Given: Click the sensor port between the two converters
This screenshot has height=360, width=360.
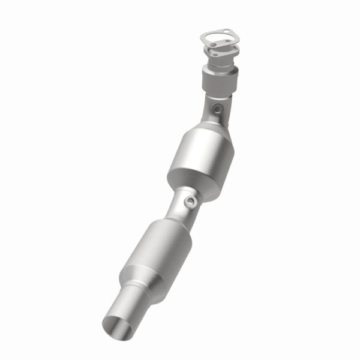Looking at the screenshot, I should [191, 202].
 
